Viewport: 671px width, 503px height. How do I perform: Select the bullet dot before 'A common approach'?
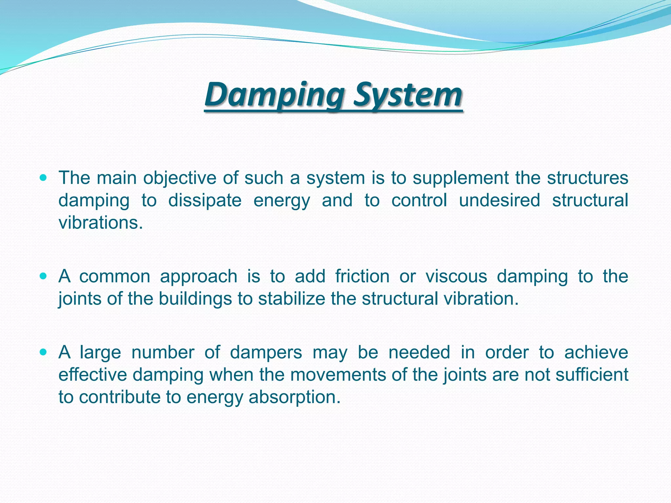pyautogui.click(x=43, y=276)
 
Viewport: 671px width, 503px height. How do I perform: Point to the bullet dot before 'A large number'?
pyautogui.click(x=43, y=352)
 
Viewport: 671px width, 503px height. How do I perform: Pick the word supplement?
pyautogui.click(x=460, y=179)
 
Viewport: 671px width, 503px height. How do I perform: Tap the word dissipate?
pyautogui.click(x=205, y=200)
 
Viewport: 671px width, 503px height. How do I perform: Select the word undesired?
pyautogui.click(x=499, y=200)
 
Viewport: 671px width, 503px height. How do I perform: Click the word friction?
pyautogui.click(x=362, y=276)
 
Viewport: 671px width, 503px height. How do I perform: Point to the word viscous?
pyautogui.click(x=456, y=276)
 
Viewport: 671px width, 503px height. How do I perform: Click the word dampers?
pyautogui.click(x=266, y=353)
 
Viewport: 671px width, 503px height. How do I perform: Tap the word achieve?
pyautogui.click(x=596, y=353)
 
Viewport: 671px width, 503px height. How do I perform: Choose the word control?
pyautogui.click(x=419, y=200)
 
